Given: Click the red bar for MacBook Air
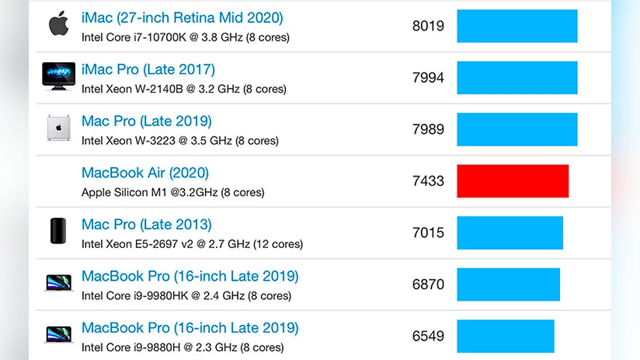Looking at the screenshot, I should pyautogui.click(x=513, y=181).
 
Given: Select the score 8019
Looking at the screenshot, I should pyautogui.click(x=428, y=26).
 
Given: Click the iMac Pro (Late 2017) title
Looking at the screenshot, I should pyautogui.click(x=148, y=69).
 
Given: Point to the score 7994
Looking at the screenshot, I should pyautogui.click(x=428, y=78).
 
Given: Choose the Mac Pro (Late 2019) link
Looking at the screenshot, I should pyautogui.click(x=147, y=121).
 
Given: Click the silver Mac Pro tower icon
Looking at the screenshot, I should pyautogui.click(x=59, y=129).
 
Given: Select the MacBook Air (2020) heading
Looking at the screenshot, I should pyautogui.click(x=145, y=173).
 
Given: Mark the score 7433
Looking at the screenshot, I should pyautogui.click(x=428, y=181).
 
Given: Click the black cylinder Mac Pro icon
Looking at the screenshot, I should pyautogui.click(x=58, y=231).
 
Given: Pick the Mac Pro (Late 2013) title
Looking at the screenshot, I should pyautogui.click(x=147, y=225).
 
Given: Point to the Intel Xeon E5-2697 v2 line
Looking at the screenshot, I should pyautogui.click(x=192, y=244).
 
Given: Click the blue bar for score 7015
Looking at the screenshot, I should pyautogui.click(x=510, y=233).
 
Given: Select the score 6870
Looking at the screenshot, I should pyautogui.click(x=428, y=284).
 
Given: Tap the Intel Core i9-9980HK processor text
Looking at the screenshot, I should pyautogui.click(x=186, y=296).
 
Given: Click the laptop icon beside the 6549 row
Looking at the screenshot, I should pyautogui.click(x=59, y=334).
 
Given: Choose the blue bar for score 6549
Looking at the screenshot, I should pyautogui.click(x=506, y=336).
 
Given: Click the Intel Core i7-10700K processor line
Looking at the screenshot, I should pyautogui.click(x=185, y=38).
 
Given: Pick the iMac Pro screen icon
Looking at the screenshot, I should pyautogui.click(x=59, y=76).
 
